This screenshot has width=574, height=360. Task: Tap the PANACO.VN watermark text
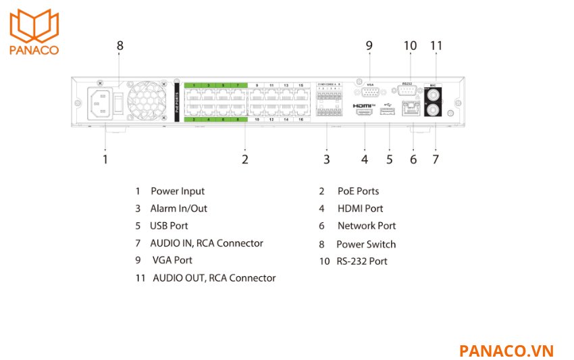506,351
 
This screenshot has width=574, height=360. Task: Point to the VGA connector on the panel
369,93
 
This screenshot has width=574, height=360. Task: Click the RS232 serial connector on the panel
408,93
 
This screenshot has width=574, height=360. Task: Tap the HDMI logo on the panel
364,106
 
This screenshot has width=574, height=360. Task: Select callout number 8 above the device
120,46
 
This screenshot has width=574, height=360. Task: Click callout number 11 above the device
436,46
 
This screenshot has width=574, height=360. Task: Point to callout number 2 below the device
245,159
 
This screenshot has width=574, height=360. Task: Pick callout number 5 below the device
390,159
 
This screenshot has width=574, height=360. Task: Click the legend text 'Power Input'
177,191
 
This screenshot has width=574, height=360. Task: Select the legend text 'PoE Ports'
358,191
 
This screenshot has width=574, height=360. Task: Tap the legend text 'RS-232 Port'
362,261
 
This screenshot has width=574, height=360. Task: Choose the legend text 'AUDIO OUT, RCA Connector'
214,278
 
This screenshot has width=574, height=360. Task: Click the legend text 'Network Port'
367,226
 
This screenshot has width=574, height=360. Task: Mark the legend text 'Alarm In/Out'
178,209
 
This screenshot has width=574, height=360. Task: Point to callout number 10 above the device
410,46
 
